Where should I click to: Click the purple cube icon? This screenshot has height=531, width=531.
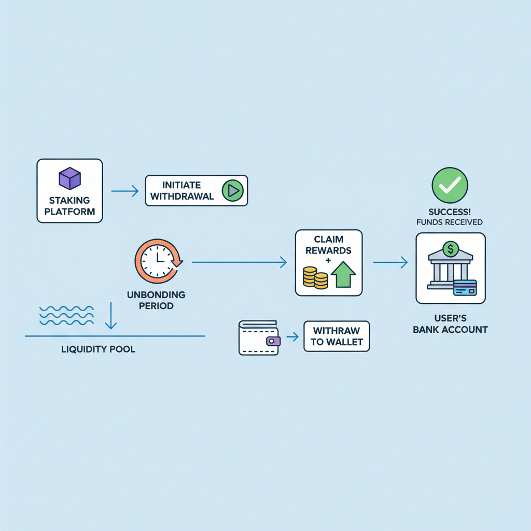coord(69,179)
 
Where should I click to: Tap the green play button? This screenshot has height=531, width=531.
coord(232,191)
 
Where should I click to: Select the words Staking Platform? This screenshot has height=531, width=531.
coord(69,206)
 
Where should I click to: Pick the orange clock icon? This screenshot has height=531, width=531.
coord(158,260)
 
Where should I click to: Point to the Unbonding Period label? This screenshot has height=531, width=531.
coord(156,300)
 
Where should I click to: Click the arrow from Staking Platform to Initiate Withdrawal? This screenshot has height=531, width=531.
coord(124,191)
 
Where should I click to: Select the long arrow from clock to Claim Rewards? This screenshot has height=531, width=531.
coord(239,263)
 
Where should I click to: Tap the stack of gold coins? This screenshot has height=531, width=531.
coord(315,277)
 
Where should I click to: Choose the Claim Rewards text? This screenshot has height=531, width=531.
coord(329,245)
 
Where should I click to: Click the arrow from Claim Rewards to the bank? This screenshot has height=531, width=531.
coord(390,263)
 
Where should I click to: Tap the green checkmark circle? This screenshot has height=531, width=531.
coord(450,185)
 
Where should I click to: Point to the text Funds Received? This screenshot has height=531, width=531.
coord(450,222)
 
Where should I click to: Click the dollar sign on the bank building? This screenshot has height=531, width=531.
coord(450,249)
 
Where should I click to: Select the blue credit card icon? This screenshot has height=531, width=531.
coord(465,287)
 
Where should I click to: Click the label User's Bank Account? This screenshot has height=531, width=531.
coord(450,324)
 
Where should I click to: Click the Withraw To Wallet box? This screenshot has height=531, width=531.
coord(337,337)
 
